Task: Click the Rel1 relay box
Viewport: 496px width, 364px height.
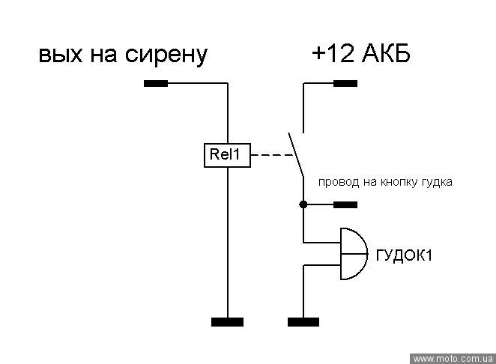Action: pos(227,156)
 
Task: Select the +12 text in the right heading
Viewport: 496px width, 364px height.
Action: pos(329,55)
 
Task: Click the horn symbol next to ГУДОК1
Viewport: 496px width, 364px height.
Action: pos(353,255)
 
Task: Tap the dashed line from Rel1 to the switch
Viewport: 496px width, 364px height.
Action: pos(270,157)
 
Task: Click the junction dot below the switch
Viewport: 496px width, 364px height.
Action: pos(303,204)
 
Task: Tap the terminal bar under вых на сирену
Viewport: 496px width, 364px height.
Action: pos(156,83)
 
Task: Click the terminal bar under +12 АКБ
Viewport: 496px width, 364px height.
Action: pos(345,83)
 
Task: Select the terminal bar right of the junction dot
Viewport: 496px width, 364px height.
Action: pos(345,204)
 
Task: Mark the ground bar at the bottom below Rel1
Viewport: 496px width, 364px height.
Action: pos(227,322)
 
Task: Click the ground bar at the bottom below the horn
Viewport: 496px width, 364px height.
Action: pos(303,322)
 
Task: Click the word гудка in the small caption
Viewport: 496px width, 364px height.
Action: pos(436,182)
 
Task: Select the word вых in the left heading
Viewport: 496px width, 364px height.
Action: pos(59,55)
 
